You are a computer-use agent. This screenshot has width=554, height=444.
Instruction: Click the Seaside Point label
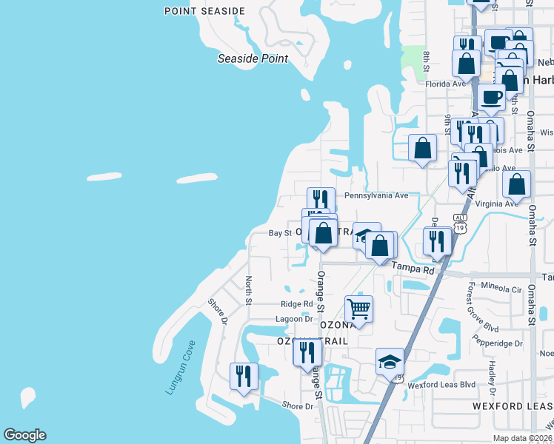tap(253, 58)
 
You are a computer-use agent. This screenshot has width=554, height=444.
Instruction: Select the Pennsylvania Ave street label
tap(376, 195)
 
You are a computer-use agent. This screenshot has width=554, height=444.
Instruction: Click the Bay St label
tap(280, 232)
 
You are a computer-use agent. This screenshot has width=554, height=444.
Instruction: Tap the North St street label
tap(249, 291)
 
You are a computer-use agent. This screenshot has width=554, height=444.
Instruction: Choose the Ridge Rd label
tap(297, 304)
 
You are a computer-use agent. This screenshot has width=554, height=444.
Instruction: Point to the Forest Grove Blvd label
tap(471, 307)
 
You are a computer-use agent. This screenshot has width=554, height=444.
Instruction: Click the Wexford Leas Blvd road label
tap(441, 385)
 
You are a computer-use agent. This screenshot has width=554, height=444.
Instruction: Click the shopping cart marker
tap(358, 309)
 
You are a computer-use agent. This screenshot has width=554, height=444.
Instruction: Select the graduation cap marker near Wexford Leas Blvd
tap(390, 362)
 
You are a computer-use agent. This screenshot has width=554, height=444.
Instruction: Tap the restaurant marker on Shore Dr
tap(243, 376)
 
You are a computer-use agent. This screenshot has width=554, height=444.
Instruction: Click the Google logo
tap(24, 435)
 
